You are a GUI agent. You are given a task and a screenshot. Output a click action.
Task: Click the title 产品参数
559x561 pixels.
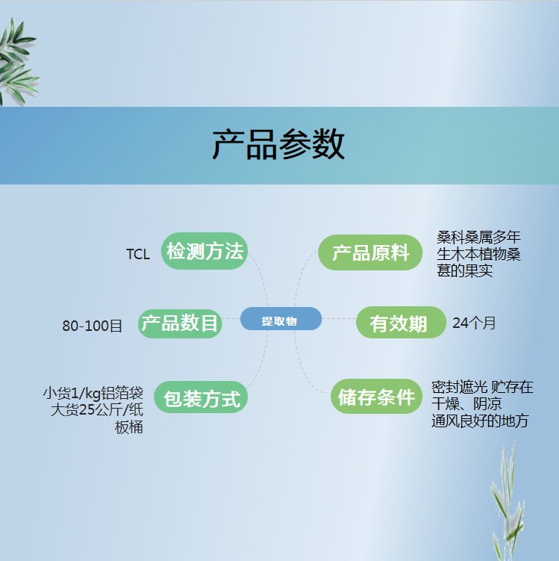(x=278, y=144)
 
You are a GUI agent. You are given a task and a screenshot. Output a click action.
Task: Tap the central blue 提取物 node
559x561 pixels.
(x=281, y=319)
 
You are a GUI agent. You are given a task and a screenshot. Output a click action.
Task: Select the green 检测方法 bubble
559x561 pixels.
(x=204, y=251)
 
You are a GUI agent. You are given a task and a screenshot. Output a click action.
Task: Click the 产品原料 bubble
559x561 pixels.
(x=370, y=252)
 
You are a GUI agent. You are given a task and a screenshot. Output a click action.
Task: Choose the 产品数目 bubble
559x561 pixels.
(x=180, y=323)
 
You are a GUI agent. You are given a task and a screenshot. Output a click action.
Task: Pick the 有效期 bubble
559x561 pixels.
(x=401, y=323)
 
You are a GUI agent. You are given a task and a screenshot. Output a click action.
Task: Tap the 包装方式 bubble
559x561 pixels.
(x=201, y=397)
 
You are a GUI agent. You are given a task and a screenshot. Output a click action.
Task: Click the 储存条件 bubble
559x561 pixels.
(x=376, y=397)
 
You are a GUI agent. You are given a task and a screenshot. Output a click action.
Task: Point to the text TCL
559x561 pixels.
(x=138, y=255)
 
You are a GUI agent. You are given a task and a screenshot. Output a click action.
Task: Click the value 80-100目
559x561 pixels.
(x=93, y=326)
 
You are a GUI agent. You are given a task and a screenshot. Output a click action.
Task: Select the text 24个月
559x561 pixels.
(x=474, y=323)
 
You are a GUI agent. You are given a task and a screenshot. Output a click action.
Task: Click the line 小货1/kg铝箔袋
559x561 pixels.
(x=93, y=393)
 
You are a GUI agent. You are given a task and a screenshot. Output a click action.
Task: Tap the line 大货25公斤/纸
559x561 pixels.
(x=96, y=409)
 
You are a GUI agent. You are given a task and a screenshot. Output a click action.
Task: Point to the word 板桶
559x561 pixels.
(x=128, y=427)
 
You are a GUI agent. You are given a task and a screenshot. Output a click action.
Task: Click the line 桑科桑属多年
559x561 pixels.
(x=478, y=237)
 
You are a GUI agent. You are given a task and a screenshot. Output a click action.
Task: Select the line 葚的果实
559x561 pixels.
(x=464, y=270)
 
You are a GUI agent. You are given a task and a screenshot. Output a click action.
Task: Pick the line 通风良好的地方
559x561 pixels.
(x=480, y=421)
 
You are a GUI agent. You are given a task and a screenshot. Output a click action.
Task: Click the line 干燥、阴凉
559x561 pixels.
(x=466, y=404)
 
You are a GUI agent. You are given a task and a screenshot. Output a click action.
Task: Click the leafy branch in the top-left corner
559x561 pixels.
(x=17, y=61)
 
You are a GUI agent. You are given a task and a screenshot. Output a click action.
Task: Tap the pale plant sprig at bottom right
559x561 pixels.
(x=508, y=501)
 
